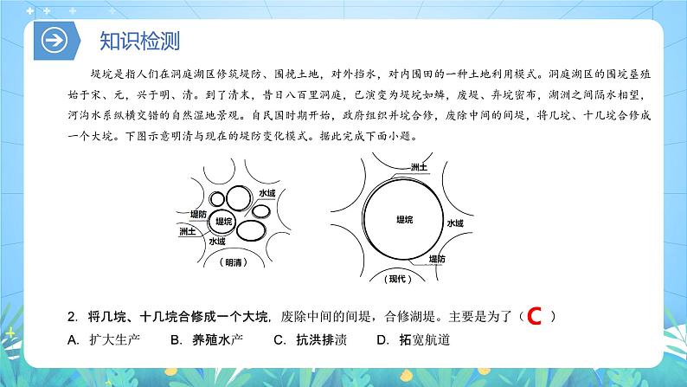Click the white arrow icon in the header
click(x=55, y=42)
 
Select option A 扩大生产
click(x=106, y=340)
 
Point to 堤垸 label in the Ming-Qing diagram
click(x=225, y=222)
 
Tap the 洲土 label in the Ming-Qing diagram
click(x=187, y=232)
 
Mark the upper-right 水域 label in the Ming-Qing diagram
click(x=266, y=194)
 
